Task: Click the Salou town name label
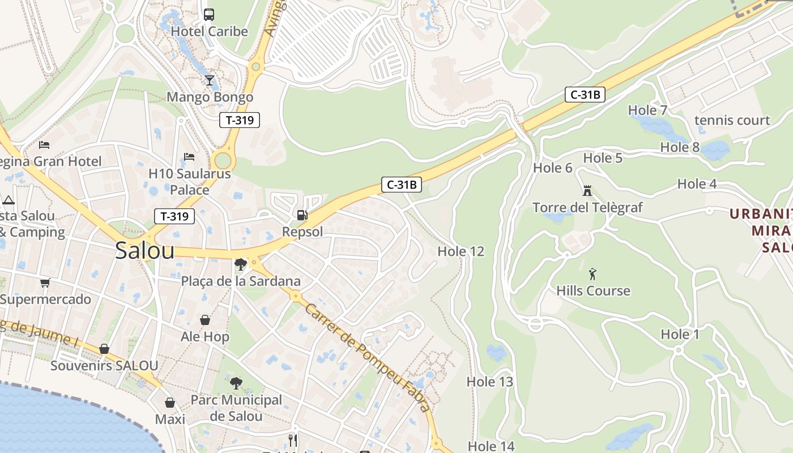point(144,250)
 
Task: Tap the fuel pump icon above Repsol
point(302,215)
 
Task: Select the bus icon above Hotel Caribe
point(209,14)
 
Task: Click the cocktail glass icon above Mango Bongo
point(210,80)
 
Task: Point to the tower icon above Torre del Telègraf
point(587,191)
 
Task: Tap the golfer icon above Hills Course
point(592,274)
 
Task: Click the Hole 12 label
point(461,251)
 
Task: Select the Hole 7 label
point(648,110)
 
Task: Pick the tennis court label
point(732,120)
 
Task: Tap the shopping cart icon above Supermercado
point(45,283)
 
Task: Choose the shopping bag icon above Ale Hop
point(204,320)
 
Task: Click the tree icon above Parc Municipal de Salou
point(236,383)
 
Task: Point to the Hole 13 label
point(489,382)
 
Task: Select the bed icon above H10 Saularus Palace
point(189,156)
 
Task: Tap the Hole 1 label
point(680,335)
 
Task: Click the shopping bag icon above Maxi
point(170,403)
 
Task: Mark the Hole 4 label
point(697,183)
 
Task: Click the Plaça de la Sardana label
point(241,281)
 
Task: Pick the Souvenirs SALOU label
point(104,365)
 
